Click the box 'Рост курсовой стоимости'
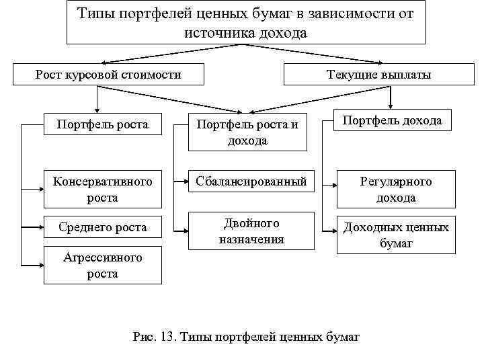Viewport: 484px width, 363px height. pyautogui.click(x=108, y=75)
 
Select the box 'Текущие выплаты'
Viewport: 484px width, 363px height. pyautogui.click(x=378, y=75)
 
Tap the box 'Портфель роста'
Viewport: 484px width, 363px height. pyautogui.click(x=104, y=125)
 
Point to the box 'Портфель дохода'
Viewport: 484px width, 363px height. pyautogui.click(x=392, y=121)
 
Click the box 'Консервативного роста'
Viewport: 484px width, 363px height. pyautogui.click(x=102, y=190)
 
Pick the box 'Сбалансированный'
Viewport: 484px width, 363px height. pyautogui.click(x=251, y=182)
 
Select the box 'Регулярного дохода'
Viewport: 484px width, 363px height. pyautogui.click(x=396, y=190)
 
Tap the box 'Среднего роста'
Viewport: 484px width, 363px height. pyautogui.click(x=102, y=227)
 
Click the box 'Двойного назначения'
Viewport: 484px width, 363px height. pyautogui.click(x=251, y=231)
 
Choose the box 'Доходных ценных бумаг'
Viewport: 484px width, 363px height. pyautogui.click(x=396, y=235)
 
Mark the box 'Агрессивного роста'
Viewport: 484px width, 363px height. pyautogui.click(x=102, y=266)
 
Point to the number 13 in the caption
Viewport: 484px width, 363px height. pyautogui.click(x=165, y=335)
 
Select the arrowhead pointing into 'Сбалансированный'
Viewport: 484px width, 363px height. pyautogui.click(x=186, y=182)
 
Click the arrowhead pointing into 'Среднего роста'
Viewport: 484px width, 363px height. pyautogui.click(x=40, y=227)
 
